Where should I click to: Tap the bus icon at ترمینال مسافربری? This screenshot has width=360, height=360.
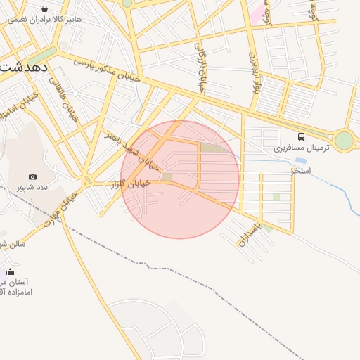302,136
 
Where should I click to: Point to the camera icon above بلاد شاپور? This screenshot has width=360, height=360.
33,176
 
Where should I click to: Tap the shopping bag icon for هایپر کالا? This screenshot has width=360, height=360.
45,9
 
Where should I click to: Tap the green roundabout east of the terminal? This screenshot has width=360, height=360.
344,141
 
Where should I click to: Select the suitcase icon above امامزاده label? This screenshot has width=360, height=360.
10,271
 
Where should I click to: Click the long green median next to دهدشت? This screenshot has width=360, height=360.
44,54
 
